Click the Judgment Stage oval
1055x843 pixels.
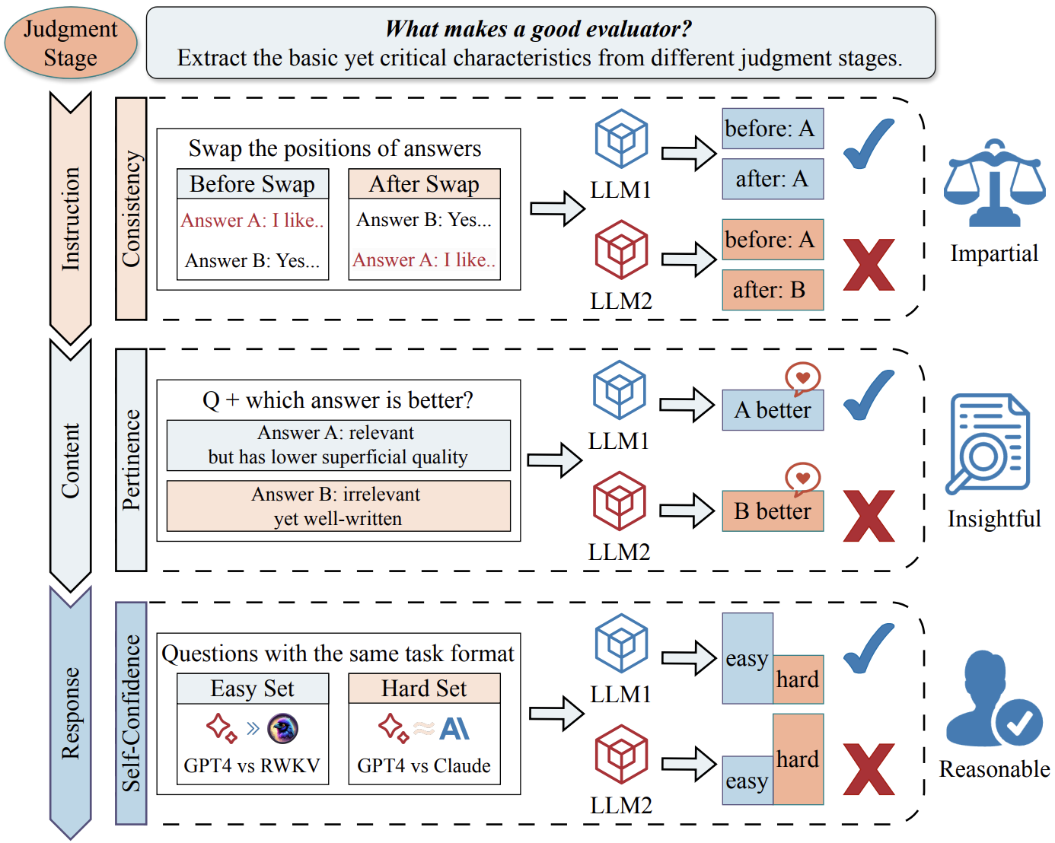pyautogui.click(x=71, y=43)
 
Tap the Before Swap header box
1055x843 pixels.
pyautogui.click(x=253, y=184)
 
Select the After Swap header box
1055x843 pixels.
pyautogui.click(x=425, y=184)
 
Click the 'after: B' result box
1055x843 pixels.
pyautogui.click(x=773, y=290)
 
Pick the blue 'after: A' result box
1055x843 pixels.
pyautogui.click(x=773, y=179)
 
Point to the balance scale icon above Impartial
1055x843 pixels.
pyautogui.click(x=994, y=183)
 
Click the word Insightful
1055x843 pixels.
pyautogui.click(x=994, y=519)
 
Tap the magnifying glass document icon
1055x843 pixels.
pyautogui.click(x=988, y=444)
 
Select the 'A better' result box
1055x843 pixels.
pyautogui.click(x=773, y=410)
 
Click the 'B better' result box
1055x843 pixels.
pyautogui.click(x=773, y=511)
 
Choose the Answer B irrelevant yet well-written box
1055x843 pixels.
pyautogui.click(x=338, y=506)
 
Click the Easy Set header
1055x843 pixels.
pyautogui.click(x=253, y=689)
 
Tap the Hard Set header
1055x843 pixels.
pyautogui.click(x=425, y=689)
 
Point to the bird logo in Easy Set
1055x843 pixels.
pyautogui.click(x=283, y=729)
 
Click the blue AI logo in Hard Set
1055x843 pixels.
pyautogui.click(x=454, y=729)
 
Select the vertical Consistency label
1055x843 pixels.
pyautogui.click(x=131, y=208)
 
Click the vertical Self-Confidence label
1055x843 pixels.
pyautogui.click(x=131, y=713)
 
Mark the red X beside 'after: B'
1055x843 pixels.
pyautogui.click(x=869, y=265)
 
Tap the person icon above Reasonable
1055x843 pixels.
pyautogui.click(x=994, y=699)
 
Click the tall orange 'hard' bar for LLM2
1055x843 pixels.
pyautogui.click(x=798, y=759)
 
